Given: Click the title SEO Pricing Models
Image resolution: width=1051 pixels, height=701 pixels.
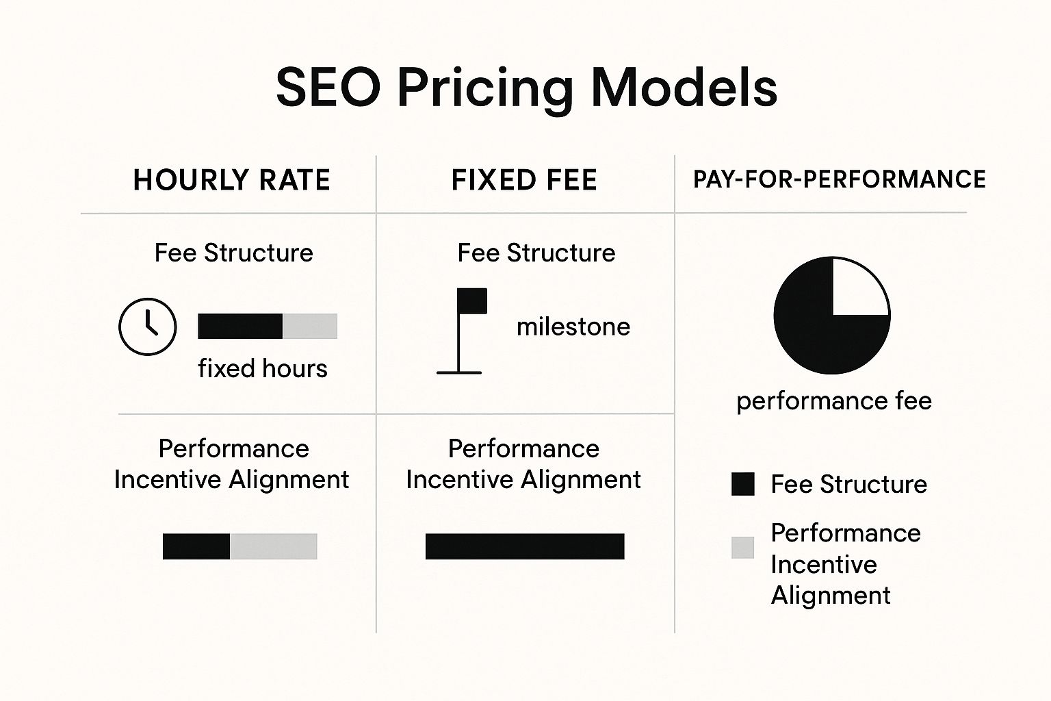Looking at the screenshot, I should coord(525,88).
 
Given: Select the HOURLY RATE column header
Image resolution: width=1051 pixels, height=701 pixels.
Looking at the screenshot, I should coord(231,180).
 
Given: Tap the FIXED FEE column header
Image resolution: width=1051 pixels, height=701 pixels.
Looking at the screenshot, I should coord(524,180).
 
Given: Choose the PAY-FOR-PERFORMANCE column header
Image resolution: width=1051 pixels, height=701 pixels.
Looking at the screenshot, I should coord(839,179).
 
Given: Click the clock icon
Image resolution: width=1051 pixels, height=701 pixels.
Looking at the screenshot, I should coord(148,327).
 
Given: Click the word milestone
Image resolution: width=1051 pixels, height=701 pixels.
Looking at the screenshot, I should coord(573,327).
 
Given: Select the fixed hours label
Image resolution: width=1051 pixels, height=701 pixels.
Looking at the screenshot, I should coord(262,368).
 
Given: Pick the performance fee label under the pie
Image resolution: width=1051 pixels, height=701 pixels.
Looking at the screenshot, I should coord(833,400).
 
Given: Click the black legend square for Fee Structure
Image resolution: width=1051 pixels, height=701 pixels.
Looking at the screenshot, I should coord(742,484).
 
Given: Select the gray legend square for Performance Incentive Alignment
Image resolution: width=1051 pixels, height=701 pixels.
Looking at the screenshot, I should coord(742,548).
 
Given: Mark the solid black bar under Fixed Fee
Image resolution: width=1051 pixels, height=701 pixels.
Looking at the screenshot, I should coord(525,546).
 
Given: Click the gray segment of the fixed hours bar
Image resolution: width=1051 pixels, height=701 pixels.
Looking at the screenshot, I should coord(310,327).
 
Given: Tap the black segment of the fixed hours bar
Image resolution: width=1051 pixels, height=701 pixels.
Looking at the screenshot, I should coord(239,327).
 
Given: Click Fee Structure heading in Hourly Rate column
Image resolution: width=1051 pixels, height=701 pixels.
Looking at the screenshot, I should coord(233,253).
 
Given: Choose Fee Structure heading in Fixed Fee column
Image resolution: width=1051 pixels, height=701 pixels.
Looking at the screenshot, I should coord(536,253).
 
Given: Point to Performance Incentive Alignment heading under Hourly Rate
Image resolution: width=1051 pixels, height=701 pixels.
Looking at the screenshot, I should coord(232,463).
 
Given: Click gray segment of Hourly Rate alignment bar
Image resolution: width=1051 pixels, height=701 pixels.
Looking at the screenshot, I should coord(274,546).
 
